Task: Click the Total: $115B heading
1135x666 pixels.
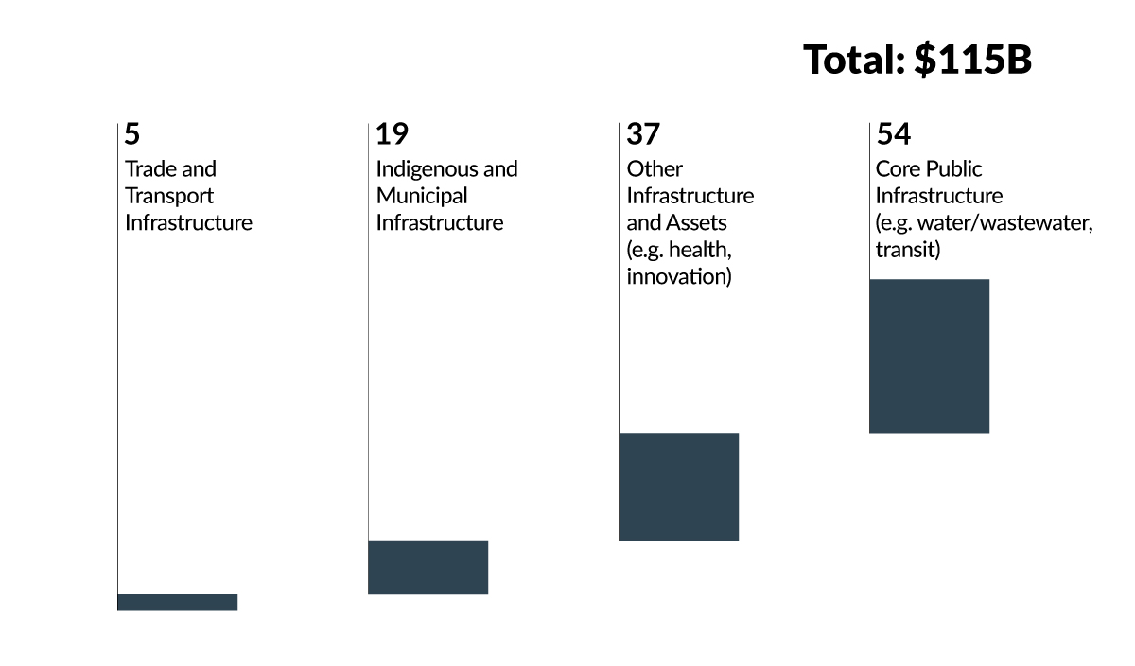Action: click(x=917, y=60)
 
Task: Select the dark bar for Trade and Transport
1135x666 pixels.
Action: click(x=177, y=602)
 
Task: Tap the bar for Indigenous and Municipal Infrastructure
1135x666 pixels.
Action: click(x=428, y=567)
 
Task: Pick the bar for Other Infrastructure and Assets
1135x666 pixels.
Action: click(x=678, y=486)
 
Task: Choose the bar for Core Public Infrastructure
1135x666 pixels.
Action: click(x=929, y=356)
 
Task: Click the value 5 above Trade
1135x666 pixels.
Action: click(x=132, y=134)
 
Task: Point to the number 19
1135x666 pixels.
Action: click(x=392, y=134)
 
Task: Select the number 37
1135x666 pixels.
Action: click(x=643, y=134)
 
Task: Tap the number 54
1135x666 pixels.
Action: click(x=894, y=134)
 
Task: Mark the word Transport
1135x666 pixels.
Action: click(x=169, y=196)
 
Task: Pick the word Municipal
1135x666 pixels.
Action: click(x=421, y=196)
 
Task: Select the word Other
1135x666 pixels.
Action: click(x=654, y=168)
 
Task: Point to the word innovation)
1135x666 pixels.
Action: click(x=678, y=278)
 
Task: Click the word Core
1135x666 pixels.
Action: click(x=897, y=168)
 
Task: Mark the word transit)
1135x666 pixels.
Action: click(x=907, y=251)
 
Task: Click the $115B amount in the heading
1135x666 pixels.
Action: click(x=972, y=60)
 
